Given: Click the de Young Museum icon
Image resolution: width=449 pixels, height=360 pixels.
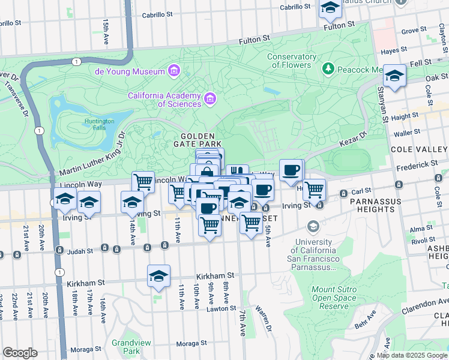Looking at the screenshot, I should pos(173,71).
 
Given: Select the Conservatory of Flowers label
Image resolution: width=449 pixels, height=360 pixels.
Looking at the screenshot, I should pos(292,61).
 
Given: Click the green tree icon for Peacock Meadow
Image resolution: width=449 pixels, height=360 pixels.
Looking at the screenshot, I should pos(328,70).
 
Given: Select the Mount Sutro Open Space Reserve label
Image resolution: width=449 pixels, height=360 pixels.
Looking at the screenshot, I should pos(334,298).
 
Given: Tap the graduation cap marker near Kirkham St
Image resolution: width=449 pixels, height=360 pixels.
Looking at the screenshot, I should pos(158,276).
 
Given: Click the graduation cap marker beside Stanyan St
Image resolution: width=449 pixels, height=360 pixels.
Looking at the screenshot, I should pos(394,76).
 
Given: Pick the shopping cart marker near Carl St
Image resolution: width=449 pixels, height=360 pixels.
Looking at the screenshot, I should pos(314,190).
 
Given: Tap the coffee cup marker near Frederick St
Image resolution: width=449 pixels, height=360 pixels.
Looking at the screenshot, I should pos(291,170).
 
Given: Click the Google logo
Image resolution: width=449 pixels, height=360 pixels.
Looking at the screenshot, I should pos(20,353).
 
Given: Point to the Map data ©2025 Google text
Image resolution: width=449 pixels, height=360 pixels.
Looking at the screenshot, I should pos(412,355).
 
